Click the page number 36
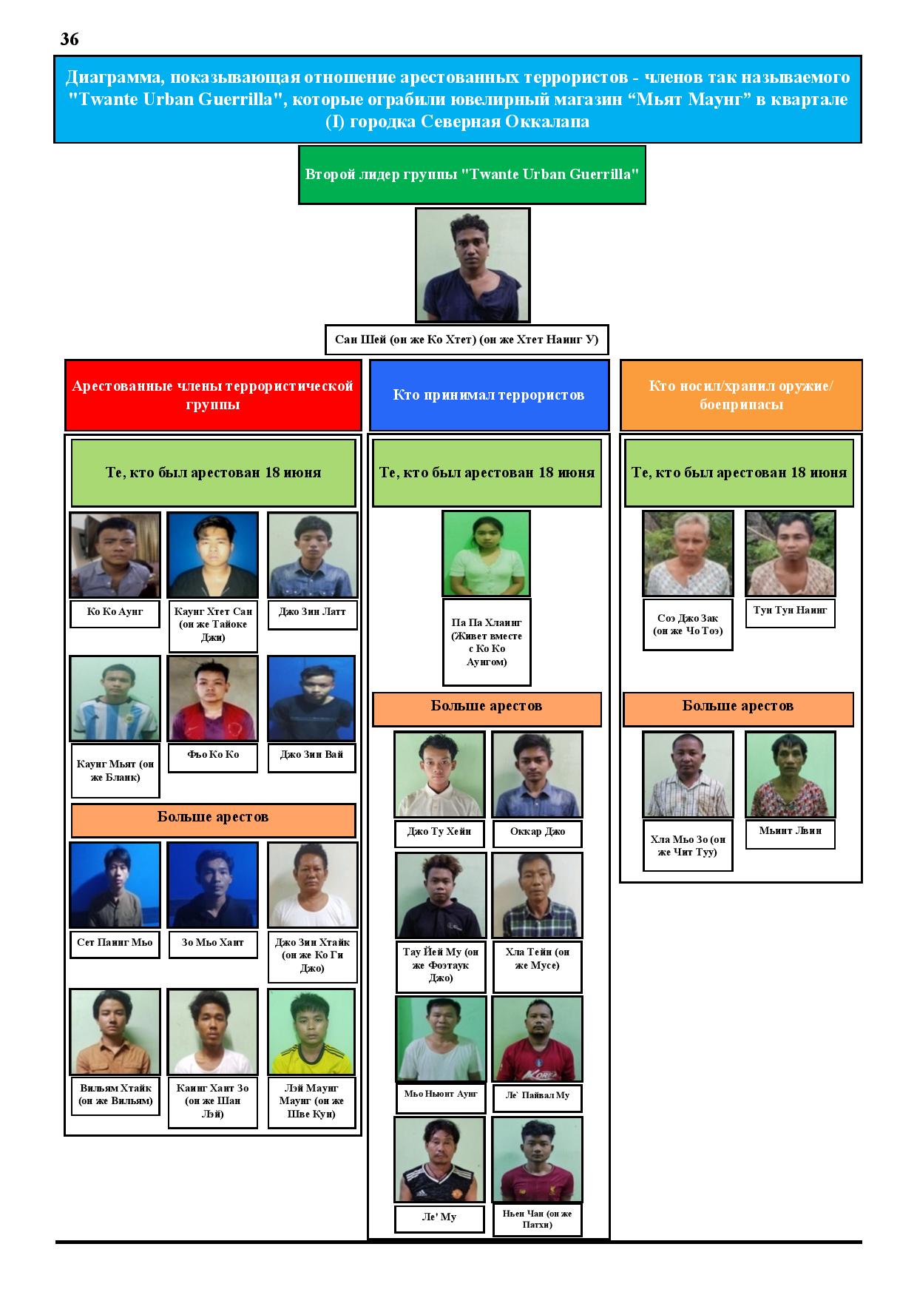[x=70, y=39]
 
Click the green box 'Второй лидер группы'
[x=472, y=175]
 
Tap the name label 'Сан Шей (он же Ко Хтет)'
[x=467, y=340]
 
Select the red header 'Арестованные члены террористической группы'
[x=213, y=395]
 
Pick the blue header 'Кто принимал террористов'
[x=489, y=395]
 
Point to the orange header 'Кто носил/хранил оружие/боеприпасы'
[x=741, y=395]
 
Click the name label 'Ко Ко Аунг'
[x=115, y=613]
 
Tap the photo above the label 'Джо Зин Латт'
[x=312, y=555]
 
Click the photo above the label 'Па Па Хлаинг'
[x=487, y=554]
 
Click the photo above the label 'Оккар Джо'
[x=537, y=775]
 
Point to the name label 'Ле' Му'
[x=439, y=1217]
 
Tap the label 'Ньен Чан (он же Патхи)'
[x=537, y=1220]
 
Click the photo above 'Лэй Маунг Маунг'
[x=311, y=1032]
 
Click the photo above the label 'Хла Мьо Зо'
[x=688, y=775]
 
